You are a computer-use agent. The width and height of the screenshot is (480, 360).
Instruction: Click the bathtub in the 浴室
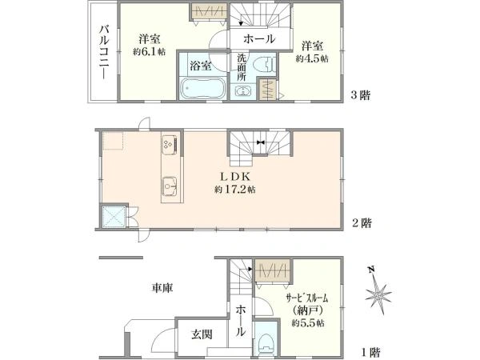[x=202, y=88]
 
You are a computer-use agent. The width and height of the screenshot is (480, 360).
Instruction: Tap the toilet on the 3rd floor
[x=265, y=64]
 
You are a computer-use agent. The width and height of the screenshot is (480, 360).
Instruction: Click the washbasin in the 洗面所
[x=243, y=91]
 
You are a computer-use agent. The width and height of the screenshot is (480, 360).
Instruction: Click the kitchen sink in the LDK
[x=171, y=186]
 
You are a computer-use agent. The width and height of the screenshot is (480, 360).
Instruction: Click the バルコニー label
[x=104, y=52]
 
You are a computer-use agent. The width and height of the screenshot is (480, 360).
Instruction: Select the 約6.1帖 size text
[x=149, y=52]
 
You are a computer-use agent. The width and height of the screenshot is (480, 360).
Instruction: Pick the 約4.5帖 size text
[x=312, y=58]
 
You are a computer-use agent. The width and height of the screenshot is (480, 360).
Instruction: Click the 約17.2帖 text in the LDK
[x=234, y=190]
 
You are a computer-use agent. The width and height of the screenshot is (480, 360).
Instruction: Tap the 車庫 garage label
[x=162, y=288]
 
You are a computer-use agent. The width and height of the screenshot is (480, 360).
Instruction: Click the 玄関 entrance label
[x=202, y=334]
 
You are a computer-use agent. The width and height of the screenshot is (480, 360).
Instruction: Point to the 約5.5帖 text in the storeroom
[x=308, y=323]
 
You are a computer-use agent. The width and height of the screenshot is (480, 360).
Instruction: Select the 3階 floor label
[x=360, y=95]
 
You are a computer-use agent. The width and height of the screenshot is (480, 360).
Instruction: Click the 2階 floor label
[x=362, y=222]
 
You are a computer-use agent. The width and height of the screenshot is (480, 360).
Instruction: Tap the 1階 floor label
[x=370, y=352]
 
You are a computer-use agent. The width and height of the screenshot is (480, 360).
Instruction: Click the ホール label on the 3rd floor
[x=259, y=39]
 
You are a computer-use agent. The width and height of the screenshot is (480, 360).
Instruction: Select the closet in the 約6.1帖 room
[x=209, y=11]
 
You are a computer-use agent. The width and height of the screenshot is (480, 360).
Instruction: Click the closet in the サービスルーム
[x=273, y=270]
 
